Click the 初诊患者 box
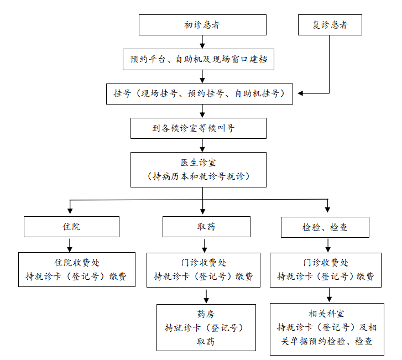(202, 25)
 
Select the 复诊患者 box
(330, 25)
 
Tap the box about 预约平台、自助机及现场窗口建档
(202, 59)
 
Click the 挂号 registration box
(202, 93)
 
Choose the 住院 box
(70, 227)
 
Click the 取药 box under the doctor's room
(206, 227)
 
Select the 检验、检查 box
(325, 227)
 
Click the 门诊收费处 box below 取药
(203, 269)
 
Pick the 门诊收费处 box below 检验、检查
(325, 269)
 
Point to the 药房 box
(206, 327)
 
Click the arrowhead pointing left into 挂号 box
(302, 93)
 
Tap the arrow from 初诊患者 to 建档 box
(202, 42)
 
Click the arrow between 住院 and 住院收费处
(70, 245)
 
